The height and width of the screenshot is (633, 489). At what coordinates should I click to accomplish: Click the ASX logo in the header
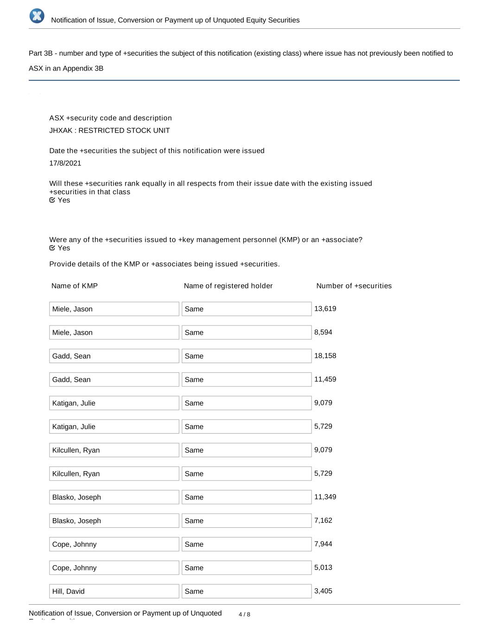(x=37, y=16)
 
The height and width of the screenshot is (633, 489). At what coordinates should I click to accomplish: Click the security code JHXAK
(x=61, y=130)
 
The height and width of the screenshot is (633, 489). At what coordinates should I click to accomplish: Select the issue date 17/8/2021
(x=65, y=163)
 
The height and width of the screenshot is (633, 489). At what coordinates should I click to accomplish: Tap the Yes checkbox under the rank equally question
(x=52, y=200)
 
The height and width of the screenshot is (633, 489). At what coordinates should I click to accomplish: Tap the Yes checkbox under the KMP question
(x=52, y=248)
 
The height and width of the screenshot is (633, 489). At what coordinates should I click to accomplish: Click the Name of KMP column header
(x=75, y=286)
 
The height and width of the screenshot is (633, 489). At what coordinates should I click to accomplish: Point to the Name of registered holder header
(x=228, y=286)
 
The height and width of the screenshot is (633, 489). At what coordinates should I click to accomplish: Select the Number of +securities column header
(x=354, y=286)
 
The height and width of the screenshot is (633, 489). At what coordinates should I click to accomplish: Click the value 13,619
(x=325, y=308)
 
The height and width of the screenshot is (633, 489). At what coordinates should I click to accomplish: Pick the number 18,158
(x=325, y=356)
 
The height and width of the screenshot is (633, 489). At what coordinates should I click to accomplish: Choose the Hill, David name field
(x=114, y=591)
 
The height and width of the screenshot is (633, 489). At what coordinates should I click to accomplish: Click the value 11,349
(x=325, y=497)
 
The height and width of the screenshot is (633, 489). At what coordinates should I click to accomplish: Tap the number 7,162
(x=323, y=520)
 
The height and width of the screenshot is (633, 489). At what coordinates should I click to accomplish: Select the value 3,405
(x=323, y=591)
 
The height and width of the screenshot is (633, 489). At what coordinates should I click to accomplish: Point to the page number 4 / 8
(x=244, y=614)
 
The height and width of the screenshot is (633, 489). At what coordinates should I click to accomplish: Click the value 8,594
(x=323, y=332)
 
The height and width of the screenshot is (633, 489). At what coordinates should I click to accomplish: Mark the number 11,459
(x=325, y=379)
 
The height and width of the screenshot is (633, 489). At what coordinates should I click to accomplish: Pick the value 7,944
(x=323, y=543)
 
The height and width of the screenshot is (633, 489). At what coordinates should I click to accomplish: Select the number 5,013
(x=323, y=567)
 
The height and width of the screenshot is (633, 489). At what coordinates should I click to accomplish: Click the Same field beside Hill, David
(x=247, y=591)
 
